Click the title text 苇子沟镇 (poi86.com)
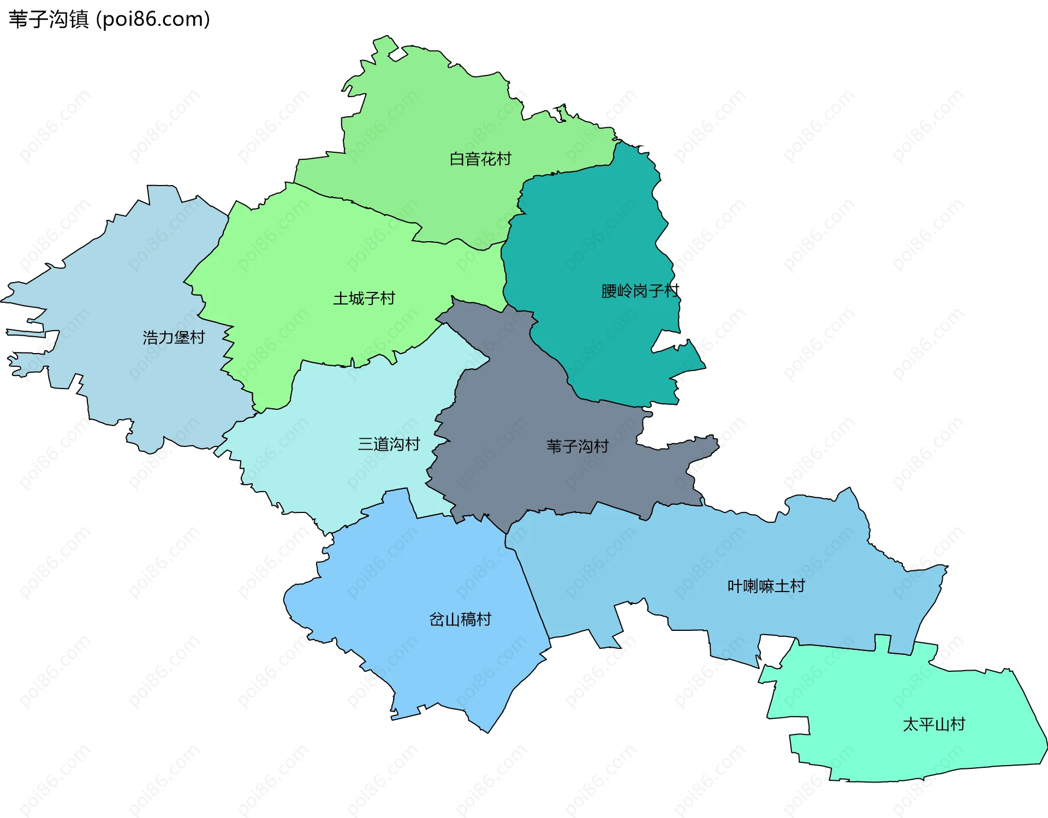coord(109,19)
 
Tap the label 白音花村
coord(480,159)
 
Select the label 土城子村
coord(364,298)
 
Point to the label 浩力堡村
coord(174,338)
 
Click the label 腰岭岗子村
coord(640,291)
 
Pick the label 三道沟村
coord(389,444)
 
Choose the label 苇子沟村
coord(577,446)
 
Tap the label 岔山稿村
coord(460,619)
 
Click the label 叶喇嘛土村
coord(766,586)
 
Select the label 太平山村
coord(933,724)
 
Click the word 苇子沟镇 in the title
coord(48,19)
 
